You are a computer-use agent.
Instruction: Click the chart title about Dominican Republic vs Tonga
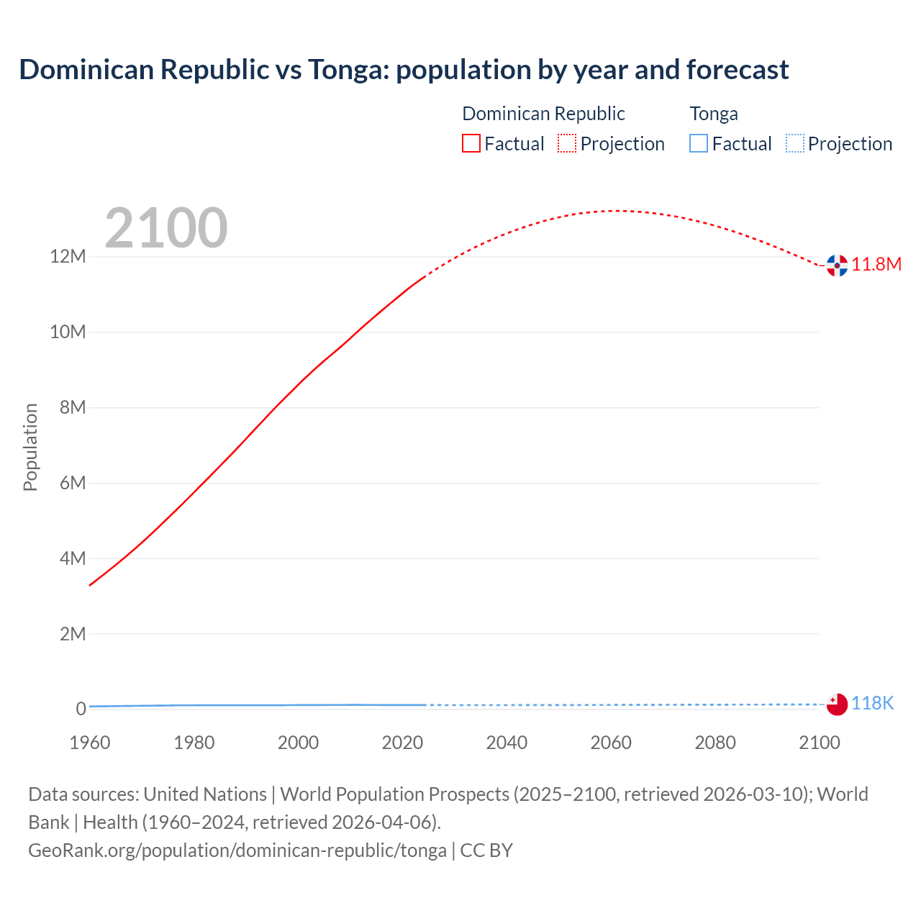pos(404,70)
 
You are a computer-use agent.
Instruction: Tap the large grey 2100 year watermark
pos(166,228)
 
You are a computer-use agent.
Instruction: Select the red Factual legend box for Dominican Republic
pos(471,143)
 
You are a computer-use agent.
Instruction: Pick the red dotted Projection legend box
pos(567,143)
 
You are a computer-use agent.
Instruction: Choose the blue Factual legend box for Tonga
pos(699,143)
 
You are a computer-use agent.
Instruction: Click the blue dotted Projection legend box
pos(794,143)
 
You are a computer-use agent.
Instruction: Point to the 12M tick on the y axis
pos(68,257)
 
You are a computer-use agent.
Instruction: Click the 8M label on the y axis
pos(73,407)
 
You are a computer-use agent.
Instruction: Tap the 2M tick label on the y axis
pos(73,634)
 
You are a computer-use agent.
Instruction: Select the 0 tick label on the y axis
pos(81,709)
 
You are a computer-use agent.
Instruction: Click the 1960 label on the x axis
pos(90,743)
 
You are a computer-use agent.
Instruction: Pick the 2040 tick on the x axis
pos(507,743)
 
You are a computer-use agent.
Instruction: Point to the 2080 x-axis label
pos(715,743)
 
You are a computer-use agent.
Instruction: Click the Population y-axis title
pos(30,447)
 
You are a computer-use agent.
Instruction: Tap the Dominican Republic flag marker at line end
pos(837,266)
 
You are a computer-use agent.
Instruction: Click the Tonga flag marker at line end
pos(837,704)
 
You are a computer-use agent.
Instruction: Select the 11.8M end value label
pos(876,264)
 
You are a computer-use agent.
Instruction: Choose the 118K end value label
pos(872,703)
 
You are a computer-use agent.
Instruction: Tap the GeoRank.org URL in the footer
pos(237,850)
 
